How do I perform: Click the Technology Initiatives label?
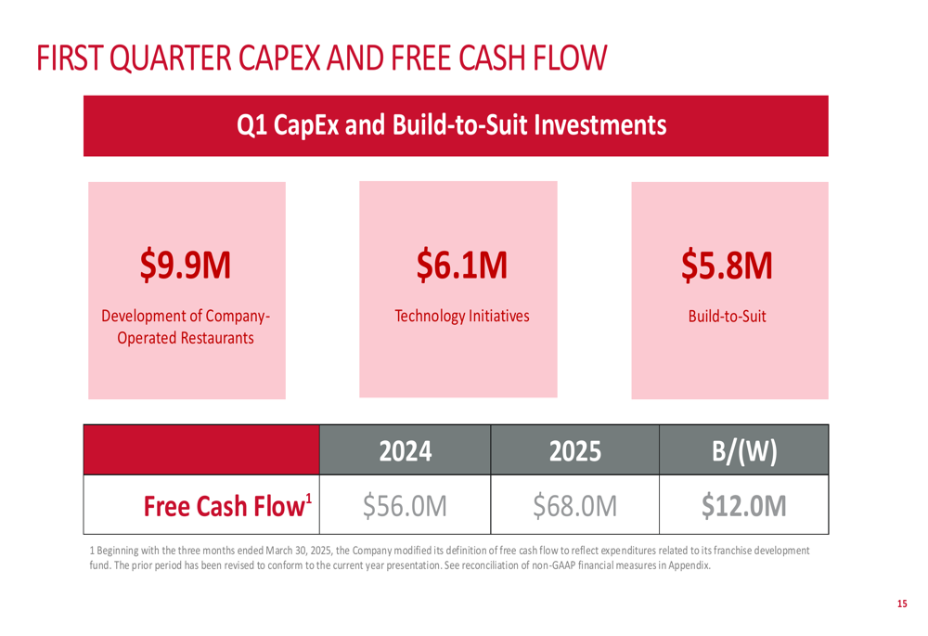coord(462,316)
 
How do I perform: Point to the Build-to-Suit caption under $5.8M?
coord(728,316)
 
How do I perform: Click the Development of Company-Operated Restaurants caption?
coord(186,327)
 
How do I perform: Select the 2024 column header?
coord(406,451)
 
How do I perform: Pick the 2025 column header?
coord(575,451)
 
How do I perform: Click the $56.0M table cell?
coord(406,506)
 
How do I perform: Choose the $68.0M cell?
coord(575,506)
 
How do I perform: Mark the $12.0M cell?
coord(744,506)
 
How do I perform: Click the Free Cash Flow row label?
coord(223,506)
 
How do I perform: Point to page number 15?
coord(902,604)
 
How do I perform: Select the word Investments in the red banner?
coord(606,124)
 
